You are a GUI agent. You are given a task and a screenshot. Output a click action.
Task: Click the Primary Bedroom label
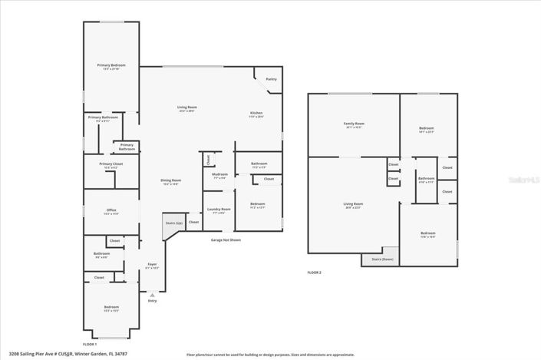(x=111, y=66)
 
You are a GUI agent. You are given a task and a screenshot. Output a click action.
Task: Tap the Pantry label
(x=271, y=79)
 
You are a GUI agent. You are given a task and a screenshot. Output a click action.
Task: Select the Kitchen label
(x=256, y=112)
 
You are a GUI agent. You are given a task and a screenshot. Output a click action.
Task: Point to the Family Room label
(x=353, y=124)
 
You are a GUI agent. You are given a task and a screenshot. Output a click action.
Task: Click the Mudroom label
(x=219, y=174)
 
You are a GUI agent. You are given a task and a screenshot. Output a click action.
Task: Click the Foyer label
(x=152, y=264)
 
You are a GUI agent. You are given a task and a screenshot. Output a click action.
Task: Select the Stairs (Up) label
(x=174, y=223)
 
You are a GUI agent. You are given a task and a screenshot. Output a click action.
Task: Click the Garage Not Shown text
(x=226, y=240)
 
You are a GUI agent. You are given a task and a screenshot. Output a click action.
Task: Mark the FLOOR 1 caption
(x=91, y=344)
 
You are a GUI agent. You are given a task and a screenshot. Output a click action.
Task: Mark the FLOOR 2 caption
(x=315, y=272)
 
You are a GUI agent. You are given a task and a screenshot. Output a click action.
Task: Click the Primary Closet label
(x=111, y=164)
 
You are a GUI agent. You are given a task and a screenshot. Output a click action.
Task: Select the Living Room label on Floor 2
(x=353, y=205)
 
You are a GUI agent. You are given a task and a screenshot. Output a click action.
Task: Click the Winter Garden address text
(x=69, y=355)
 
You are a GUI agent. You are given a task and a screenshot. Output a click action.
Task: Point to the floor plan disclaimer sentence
(x=270, y=355)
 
